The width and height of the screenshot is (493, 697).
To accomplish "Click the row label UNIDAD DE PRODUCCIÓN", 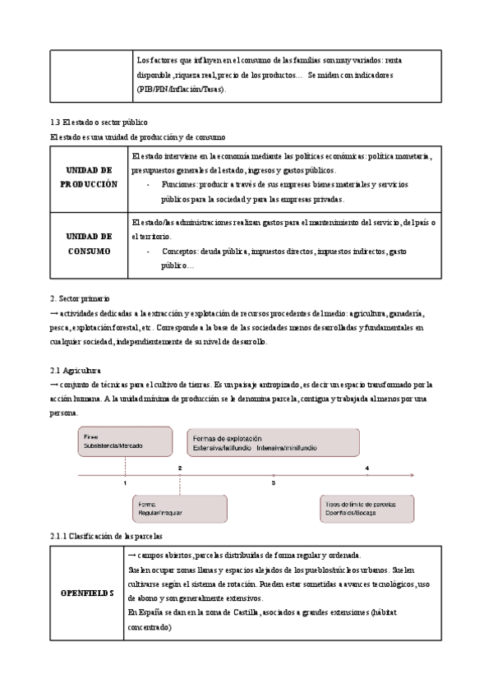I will click(89, 178).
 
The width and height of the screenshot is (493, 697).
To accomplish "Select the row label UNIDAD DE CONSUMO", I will click(89, 243).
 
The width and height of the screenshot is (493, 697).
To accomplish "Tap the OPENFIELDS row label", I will click(88, 593).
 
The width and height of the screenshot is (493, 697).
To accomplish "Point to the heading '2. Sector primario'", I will click(80, 299).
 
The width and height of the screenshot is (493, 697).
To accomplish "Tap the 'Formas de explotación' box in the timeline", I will click(273, 442).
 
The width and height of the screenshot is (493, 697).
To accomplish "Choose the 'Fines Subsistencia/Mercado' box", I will click(124, 441).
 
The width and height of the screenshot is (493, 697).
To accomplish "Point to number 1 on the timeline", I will click(125, 484).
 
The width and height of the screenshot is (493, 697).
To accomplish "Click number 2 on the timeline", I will click(179, 468).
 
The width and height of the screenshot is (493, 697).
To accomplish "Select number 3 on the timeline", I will click(273, 484).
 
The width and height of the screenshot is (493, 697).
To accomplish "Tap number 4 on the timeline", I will click(366, 468).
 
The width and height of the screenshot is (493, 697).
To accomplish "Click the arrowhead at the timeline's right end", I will click(417, 476).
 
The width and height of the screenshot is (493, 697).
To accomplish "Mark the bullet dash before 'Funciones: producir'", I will click(148, 185).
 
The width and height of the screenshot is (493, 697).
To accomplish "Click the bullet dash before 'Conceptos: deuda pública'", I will click(148, 251).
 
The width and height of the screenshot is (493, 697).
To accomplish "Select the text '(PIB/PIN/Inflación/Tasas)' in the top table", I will click(181, 89).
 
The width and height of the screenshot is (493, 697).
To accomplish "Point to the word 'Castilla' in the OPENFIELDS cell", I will click(244, 613).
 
